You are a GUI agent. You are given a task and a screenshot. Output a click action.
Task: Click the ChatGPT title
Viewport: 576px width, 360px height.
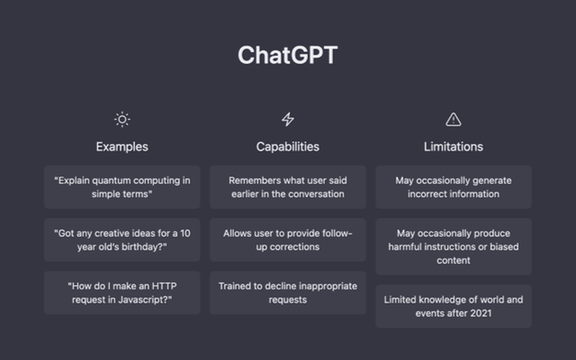[x=288, y=55]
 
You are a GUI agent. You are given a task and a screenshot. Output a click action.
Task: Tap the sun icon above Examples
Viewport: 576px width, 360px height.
[x=122, y=119]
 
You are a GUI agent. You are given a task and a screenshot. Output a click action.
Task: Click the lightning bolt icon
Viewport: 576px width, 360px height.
[x=288, y=119]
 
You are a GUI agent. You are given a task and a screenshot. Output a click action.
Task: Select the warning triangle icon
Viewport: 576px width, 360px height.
[x=453, y=119]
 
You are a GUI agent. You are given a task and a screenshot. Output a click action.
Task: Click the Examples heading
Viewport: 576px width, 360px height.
[x=122, y=147]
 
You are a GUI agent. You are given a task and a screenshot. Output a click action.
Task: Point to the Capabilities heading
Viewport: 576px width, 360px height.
[x=288, y=147]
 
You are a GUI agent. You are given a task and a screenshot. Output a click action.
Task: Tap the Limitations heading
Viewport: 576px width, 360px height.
[x=453, y=147]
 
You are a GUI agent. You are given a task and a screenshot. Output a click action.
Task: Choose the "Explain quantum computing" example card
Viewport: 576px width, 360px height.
[x=122, y=187]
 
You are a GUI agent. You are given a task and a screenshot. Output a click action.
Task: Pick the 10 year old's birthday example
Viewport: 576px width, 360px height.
[x=122, y=240]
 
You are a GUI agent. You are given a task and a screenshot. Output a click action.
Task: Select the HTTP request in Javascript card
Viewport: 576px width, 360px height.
[x=122, y=292]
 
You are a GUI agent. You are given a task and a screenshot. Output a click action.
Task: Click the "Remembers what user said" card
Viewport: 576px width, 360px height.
[x=288, y=187]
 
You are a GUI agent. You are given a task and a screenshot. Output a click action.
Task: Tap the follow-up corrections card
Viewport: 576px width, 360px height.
[x=288, y=240]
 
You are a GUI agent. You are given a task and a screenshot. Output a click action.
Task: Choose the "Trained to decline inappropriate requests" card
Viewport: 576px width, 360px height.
[x=288, y=292]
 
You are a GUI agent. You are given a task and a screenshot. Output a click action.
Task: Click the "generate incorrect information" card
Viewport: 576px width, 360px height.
[x=454, y=187]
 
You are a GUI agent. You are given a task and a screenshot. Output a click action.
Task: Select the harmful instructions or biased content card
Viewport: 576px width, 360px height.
[x=454, y=247]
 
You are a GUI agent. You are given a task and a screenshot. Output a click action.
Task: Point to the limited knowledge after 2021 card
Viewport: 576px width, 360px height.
[x=454, y=306]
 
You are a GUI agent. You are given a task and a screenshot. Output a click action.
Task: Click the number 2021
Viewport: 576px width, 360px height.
[x=481, y=313]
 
